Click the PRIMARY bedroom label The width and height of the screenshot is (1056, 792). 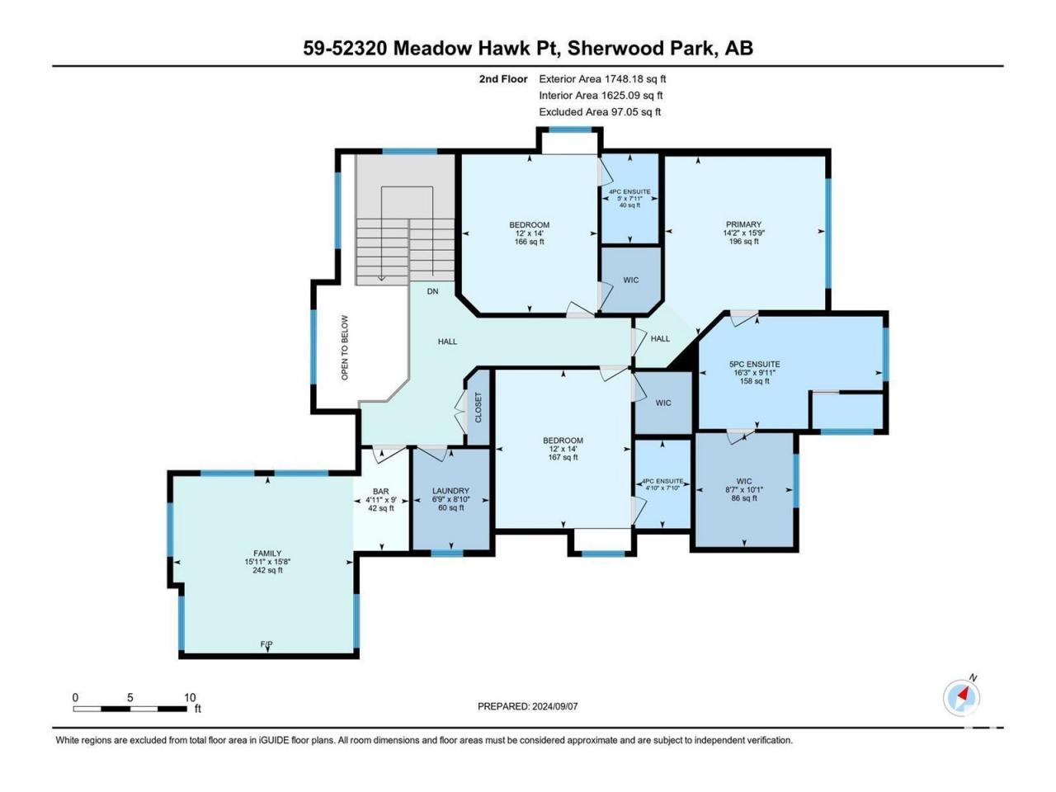[x=743, y=224]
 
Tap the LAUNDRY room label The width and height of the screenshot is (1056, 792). [x=450, y=491]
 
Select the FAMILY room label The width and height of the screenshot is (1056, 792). [x=267, y=554]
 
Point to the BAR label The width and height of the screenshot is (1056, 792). [x=380, y=492]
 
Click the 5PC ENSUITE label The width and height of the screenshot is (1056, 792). [x=754, y=365]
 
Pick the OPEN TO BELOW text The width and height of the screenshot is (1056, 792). [x=345, y=347]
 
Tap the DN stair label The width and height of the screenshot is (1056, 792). [x=432, y=291]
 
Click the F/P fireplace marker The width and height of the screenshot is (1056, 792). [x=266, y=643]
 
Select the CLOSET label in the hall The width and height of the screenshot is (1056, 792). [x=478, y=408]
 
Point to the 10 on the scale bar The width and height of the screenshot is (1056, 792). [x=190, y=697]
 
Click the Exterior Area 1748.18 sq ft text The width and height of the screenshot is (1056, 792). [x=602, y=79]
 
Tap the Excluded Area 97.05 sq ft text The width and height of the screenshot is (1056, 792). [x=600, y=112]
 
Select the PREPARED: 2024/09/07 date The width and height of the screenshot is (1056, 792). [x=528, y=706]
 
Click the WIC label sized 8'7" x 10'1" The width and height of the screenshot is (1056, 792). [x=744, y=481]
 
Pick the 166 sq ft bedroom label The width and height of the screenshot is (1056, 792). [x=529, y=242]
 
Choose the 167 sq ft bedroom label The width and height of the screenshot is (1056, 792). [x=563, y=457]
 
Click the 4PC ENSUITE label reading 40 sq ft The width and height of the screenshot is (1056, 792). [x=629, y=191]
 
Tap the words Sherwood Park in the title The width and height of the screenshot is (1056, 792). [x=640, y=49]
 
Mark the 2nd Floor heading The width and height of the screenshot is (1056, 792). [x=503, y=79]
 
